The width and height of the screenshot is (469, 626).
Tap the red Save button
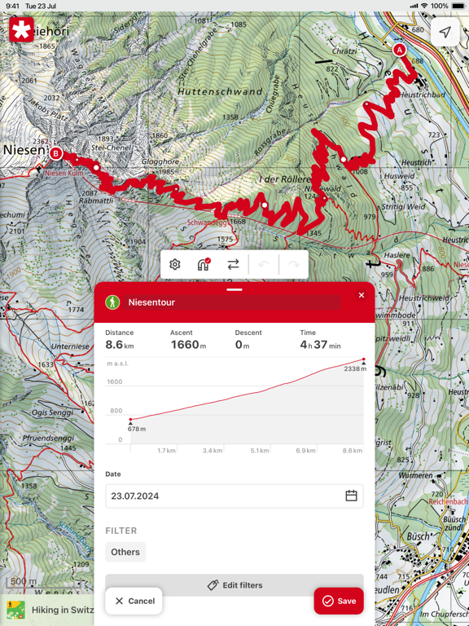click(x=339, y=601)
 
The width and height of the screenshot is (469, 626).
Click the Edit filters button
click(x=234, y=585)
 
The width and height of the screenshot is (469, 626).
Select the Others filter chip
click(x=125, y=552)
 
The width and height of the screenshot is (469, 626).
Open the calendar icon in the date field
click(x=351, y=496)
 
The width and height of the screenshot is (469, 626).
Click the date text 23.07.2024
click(x=135, y=496)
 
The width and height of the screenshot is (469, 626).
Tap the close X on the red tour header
click(x=362, y=295)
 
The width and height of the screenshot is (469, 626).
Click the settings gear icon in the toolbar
click(x=175, y=264)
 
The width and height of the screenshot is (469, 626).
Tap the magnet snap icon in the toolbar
click(x=204, y=264)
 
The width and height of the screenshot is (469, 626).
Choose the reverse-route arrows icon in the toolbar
click(x=234, y=264)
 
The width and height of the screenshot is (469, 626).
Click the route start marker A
click(x=399, y=50)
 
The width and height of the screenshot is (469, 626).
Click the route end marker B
click(x=55, y=153)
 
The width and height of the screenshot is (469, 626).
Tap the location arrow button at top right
click(x=445, y=32)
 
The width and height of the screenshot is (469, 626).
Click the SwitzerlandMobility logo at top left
click(x=22, y=31)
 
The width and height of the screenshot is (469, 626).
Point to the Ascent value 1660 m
click(x=187, y=345)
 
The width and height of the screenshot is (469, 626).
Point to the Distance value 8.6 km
click(x=120, y=345)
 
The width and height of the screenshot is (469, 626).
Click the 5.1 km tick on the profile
click(x=260, y=450)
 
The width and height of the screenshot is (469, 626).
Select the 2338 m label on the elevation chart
click(x=353, y=369)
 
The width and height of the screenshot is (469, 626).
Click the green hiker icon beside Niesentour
click(x=112, y=302)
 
